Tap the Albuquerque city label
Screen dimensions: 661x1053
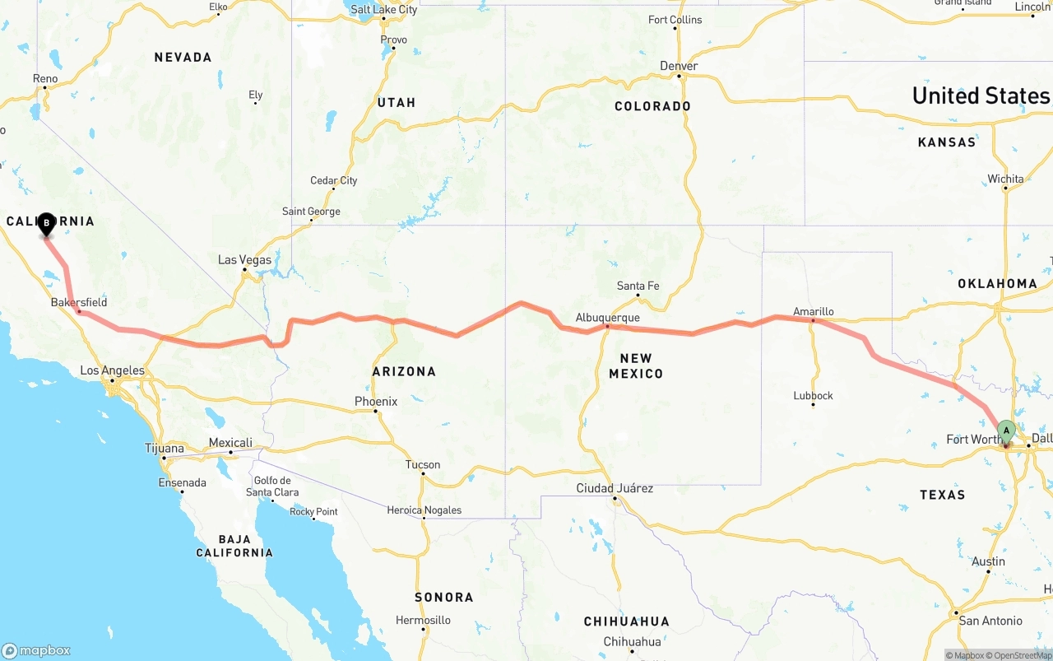coord(607,318)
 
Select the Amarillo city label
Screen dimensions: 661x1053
coord(813,311)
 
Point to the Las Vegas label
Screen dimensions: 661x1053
coord(244,260)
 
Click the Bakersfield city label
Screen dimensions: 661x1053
coord(79,302)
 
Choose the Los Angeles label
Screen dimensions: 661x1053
coord(112,370)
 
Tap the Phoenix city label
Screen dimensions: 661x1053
coord(376,402)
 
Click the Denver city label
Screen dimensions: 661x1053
coord(679,66)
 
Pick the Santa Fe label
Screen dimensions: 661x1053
coord(638,286)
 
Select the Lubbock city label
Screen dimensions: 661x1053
coord(813,396)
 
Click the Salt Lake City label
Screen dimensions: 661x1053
coord(383,10)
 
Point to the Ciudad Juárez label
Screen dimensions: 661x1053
coord(615,488)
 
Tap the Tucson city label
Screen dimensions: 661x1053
coord(423,465)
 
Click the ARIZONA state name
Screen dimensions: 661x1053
coord(404,371)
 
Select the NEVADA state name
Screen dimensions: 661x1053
coord(183,58)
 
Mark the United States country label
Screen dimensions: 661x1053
coord(981,95)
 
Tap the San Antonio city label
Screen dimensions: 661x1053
coord(990,621)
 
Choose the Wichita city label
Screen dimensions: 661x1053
coord(1006,179)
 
